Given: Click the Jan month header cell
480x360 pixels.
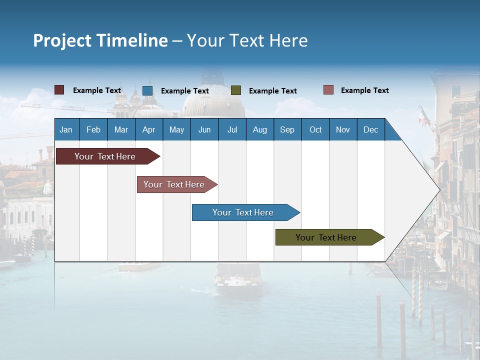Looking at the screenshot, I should (x=66, y=129).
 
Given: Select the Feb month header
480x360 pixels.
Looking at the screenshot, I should (x=93, y=129).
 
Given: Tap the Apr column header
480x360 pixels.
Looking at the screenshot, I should (x=148, y=129).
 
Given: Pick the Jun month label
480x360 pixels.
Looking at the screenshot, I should (x=204, y=129).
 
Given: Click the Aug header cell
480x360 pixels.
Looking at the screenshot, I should (x=259, y=129).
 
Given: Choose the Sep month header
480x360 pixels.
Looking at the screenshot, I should (x=287, y=129).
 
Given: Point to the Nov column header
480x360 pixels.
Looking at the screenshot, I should (x=343, y=129).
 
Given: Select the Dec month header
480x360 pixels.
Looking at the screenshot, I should (x=370, y=129).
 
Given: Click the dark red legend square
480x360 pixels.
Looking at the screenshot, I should (x=59, y=90).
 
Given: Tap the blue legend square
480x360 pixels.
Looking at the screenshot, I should (x=147, y=90).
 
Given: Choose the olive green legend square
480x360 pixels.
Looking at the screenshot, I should (x=236, y=90).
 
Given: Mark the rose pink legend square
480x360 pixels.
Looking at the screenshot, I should (x=328, y=90).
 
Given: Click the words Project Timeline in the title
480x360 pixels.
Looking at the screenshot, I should (x=100, y=40).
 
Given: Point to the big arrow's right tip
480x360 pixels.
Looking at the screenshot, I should (x=438, y=189).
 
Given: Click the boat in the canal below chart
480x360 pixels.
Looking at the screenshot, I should (x=238, y=280).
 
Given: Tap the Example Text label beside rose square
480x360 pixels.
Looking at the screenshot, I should (x=364, y=90).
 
